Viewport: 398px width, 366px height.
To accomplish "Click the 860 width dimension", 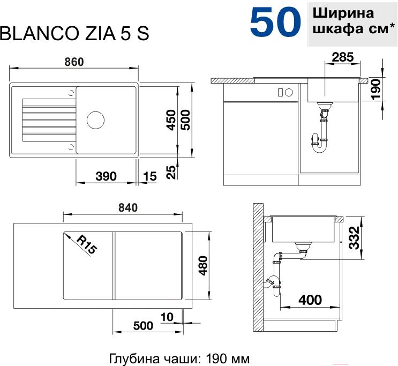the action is tap(74, 62).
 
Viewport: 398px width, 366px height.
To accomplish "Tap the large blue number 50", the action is tap(275, 21).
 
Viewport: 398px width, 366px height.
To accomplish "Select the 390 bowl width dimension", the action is tap(106, 176).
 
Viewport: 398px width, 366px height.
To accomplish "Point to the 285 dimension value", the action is tap(343, 57).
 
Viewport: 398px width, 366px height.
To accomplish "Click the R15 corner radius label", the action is tap(87, 244).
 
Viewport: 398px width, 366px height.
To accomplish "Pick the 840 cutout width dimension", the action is tap(128, 208).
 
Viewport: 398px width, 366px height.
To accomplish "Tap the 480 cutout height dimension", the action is tap(203, 266).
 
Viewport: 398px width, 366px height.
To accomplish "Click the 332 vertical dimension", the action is tap(354, 238).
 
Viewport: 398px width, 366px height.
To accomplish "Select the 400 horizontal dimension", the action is tap(310, 300).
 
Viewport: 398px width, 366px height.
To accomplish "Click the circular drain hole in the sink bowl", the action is tap(95, 120).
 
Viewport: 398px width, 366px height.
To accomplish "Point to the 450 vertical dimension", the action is tap(170, 120).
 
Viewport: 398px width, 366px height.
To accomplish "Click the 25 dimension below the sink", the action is tap(171, 172).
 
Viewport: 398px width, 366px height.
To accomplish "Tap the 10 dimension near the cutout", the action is tap(167, 317).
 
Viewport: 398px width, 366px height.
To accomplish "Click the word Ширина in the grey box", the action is tap(343, 13).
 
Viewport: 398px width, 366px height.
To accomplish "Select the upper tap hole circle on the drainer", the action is tap(71, 93).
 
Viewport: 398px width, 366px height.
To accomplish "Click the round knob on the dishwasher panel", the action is tap(289, 92).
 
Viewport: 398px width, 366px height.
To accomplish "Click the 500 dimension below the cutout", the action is tap(143, 326).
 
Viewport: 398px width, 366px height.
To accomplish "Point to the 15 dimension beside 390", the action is tap(150, 176).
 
